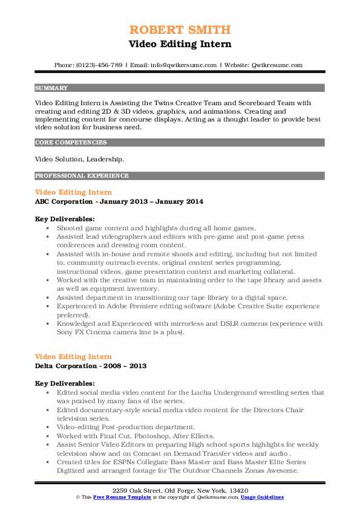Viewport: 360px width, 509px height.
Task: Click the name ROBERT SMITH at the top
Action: click(x=180, y=30)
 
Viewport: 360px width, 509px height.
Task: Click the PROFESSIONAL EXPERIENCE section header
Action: click(x=82, y=176)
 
